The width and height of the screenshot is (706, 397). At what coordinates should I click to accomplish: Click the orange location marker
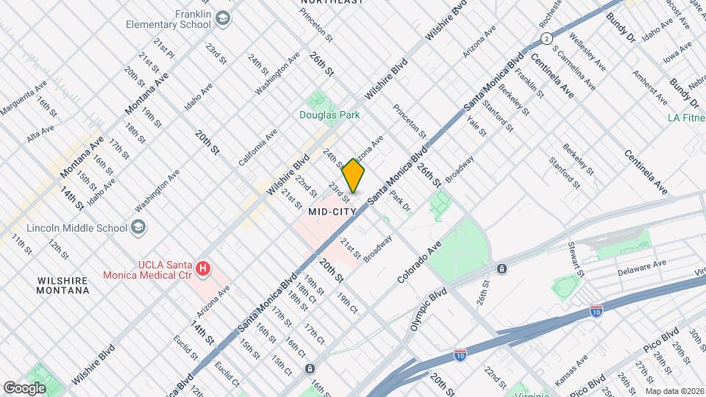point(354,176)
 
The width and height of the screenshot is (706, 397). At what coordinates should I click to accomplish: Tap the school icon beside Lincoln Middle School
point(138,228)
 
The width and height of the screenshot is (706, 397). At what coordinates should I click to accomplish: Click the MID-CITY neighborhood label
point(332,211)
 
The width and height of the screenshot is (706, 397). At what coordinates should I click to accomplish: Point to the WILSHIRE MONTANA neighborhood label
point(63,285)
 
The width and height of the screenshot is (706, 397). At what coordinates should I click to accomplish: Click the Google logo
point(24,387)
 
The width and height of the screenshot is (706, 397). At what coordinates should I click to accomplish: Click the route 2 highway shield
point(546,38)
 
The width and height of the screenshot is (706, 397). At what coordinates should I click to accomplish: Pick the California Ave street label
point(257,147)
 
